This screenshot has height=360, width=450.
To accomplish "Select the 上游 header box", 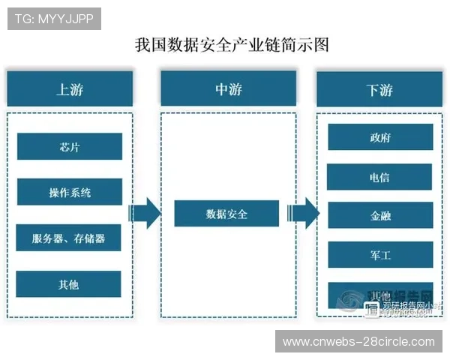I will click(69, 89).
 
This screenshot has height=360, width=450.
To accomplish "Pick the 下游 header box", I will click(379, 89).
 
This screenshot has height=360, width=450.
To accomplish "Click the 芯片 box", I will click(69, 146).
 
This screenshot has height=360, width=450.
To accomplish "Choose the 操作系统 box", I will click(69, 192).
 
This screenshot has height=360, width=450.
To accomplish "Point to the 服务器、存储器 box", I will click(69, 238).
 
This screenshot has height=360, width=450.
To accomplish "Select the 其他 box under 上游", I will click(69, 284).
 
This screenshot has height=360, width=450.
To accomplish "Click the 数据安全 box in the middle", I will click(226, 214).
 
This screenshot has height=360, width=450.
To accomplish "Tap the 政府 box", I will click(379, 138).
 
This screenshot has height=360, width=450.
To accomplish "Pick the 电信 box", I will click(379, 177).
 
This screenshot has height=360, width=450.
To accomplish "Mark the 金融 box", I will click(379, 216).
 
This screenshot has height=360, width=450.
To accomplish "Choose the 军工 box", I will click(379, 255).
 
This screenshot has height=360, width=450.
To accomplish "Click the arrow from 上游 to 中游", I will click(145, 214).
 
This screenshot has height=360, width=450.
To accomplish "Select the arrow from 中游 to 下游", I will click(304, 214).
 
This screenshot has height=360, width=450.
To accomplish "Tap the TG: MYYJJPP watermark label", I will click(53, 19).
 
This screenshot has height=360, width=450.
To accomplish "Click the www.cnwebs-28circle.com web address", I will click(358, 342).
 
